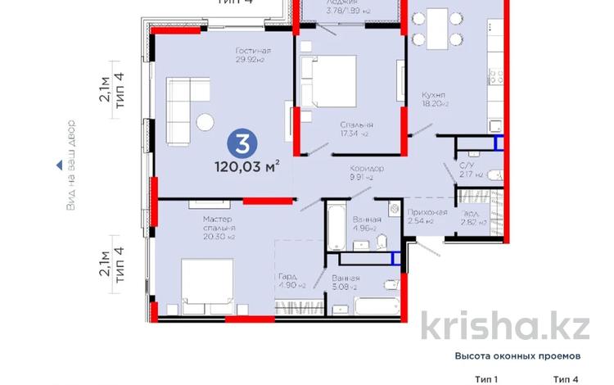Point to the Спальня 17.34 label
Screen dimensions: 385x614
tap(354, 129)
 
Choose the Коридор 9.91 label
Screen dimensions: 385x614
tap(364, 172)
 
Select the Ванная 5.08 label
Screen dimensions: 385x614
tap(346, 283)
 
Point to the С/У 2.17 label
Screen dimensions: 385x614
tap(467, 169)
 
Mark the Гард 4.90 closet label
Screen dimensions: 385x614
tap(291, 280)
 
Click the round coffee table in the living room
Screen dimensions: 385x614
tap(205, 122)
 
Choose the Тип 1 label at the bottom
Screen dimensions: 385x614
tap(485, 378)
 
